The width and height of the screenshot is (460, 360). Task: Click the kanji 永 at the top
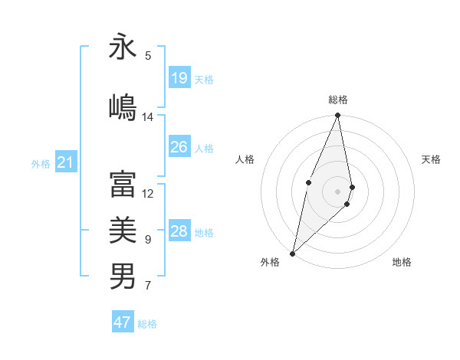(x=123, y=47)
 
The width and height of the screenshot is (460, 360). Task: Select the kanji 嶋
(x=123, y=105)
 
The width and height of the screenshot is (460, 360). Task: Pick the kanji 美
(x=123, y=229)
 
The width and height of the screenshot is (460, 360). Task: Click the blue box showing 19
(x=179, y=78)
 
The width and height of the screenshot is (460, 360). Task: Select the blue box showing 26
(x=179, y=147)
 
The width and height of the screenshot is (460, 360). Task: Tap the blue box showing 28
(x=179, y=231)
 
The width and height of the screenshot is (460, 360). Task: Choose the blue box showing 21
(x=66, y=162)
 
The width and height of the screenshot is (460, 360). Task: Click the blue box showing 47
(x=123, y=322)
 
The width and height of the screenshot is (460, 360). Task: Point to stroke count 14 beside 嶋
(x=148, y=117)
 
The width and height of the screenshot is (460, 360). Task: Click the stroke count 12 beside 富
(x=148, y=193)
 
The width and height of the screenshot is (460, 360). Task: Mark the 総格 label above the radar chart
(x=338, y=100)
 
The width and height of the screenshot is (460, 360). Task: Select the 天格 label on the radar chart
(x=432, y=159)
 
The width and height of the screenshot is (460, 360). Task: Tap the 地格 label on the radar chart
(x=402, y=262)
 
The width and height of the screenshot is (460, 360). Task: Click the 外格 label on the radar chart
(x=270, y=262)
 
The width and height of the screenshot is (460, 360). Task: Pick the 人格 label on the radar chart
(x=245, y=159)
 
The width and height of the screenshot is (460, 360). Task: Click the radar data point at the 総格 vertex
(x=338, y=116)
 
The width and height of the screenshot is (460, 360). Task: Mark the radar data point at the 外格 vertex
(x=293, y=253)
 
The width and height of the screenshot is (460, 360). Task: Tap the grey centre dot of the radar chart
(x=338, y=191)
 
